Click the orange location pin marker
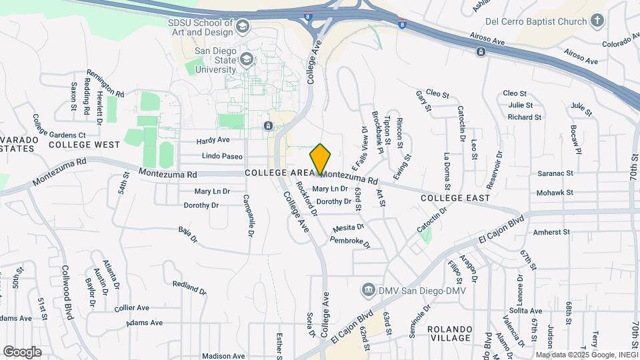[x=321, y=159]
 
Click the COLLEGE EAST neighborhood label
[x=455, y=198]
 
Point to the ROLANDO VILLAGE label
[x=450, y=334]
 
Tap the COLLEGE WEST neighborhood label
[x=84, y=145]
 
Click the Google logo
[x=22, y=351]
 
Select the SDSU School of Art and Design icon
[x=242, y=27]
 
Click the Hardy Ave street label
[x=213, y=141]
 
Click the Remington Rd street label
[x=105, y=84]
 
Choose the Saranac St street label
[x=555, y=173]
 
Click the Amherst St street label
[x=552, y=233]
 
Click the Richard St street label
[x=524, y=117]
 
